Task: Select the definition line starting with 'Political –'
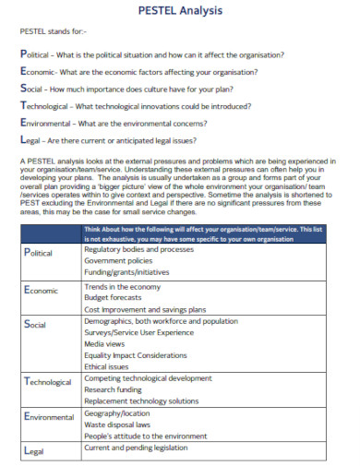[x=151, y=54]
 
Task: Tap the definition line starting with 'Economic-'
[x=138, y=72]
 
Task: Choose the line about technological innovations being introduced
[x=137, y=106]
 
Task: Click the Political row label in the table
[x=37, y=253]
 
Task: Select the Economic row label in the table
[x=39, y=290]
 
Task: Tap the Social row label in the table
[x=34, y=325]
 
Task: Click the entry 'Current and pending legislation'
[x=142, y=447]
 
